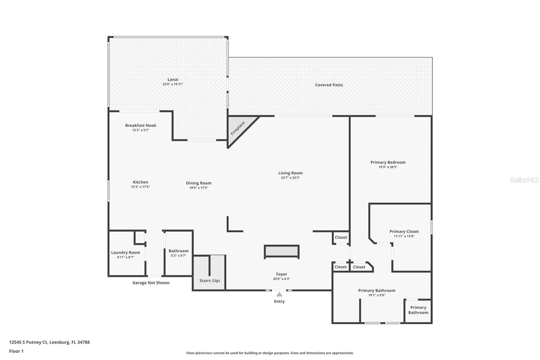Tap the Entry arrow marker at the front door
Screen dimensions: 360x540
pyautogui.click(x=279, y=294)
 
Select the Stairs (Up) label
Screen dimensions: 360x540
pyautogui.click(x=210, y=281)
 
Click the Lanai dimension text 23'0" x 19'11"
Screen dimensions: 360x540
pyautogui.click(x=173, y=84)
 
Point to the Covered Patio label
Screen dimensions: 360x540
pyautogui.click(x=329, y=85)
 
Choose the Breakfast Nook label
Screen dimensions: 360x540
pyautogui.click(x=141, y=125)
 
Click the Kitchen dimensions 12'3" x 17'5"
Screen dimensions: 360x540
pyautogui.click(x=140, y=187)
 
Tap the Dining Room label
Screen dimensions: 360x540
pyautogui.click(x=198, y=183)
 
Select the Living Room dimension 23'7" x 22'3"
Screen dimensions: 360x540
pyautogui.click(x=290, y=178)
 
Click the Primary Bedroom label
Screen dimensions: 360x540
pyautogui.click(x=388, y=162)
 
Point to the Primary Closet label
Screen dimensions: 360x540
pyautogui.click(x=404, y=231)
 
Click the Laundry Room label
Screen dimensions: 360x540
pyautogui.click(x=126, y=252)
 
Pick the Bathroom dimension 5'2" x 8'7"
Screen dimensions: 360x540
pyautogui.click(x=179, y=256)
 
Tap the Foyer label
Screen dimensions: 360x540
pyautogui.click(x=281, y=274)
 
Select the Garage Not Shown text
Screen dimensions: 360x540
pyautogui.click(x=151, y=283)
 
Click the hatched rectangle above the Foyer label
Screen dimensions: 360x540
pyautogui.click(x=282, y=251)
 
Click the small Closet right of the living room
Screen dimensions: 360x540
pyautogui.click(x=341, y=237)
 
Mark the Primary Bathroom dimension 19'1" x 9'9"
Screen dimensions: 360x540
pyautogui.click(x=377, y=295)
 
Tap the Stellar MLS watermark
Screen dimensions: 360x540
pyautogui.click(x=524, y=180)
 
